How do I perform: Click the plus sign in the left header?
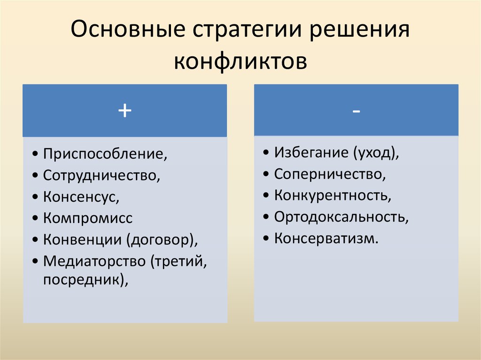point(124,111)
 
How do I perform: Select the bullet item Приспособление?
point(105,154)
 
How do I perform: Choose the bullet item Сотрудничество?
point(101,176)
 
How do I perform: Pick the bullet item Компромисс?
point(88,218)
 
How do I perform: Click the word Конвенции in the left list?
point(82,239)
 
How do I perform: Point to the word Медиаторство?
point(94,261)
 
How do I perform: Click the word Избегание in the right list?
point(311,153)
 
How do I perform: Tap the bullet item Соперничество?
point(330,174)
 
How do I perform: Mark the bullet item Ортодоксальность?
point(341,217)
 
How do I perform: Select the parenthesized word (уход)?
point(375,153)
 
